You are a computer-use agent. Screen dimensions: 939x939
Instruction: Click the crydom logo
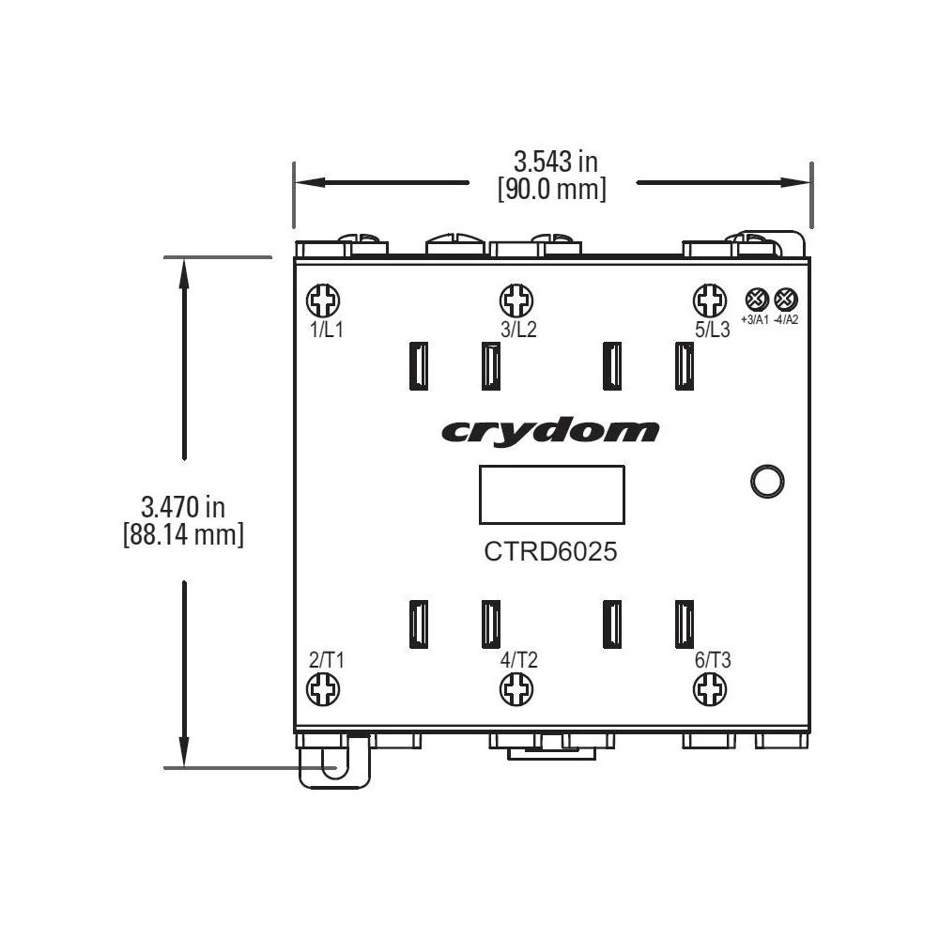pyautogui.click(x=549, y=432)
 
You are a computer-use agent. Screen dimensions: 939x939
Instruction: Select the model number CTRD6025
pyautogui.click(x=550, y=552)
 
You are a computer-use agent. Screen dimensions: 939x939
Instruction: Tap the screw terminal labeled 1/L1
pyautogui.click(x=324, y=301)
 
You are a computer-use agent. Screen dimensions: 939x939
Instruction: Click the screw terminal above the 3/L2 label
pyautogui.click(x=516, y=301)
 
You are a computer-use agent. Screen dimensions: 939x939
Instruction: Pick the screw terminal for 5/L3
pyautogui.click(x=709, y=301)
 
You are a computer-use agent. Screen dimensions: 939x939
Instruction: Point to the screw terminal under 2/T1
pyautogui.click(x=324, y=691)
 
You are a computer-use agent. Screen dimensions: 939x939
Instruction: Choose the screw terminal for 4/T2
pyautogui.click(x=516, y=691)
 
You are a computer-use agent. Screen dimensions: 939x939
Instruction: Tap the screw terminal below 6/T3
pyautogui.click(x=709, y=691)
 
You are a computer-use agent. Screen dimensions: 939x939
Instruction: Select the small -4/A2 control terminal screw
pyautogui.click(x=786, y=300)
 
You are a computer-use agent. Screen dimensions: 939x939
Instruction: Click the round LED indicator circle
pyautogui.click(x=767, y=481)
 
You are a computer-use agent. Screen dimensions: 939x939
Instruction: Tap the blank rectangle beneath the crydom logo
pyautogui.click(x=552, y=494)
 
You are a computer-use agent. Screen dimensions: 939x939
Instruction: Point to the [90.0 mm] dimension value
pyautogui.click(x=552, y=189)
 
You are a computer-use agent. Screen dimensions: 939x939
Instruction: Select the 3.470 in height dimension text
pyautogui.click(x=183, y=508)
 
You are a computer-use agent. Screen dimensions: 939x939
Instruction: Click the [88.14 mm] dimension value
pyautogui.click(x=183, y=536)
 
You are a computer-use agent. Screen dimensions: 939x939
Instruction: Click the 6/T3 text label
pyautogui.click(x=713, y=660)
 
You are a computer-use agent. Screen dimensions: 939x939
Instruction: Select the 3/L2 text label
pyautogui.click(x=518, y=330)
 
